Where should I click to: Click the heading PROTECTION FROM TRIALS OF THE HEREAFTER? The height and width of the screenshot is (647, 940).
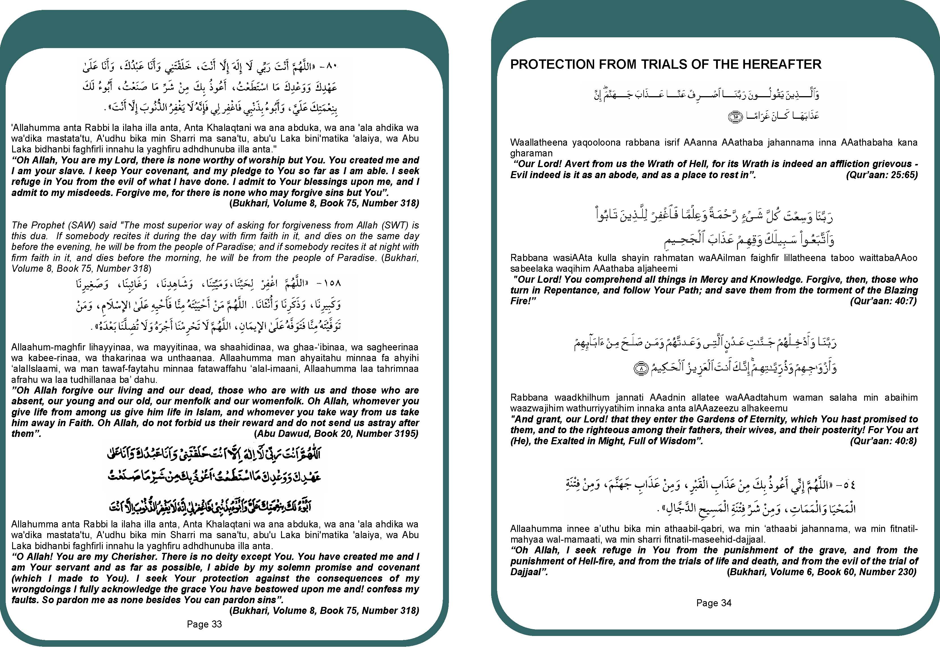coord(665,64)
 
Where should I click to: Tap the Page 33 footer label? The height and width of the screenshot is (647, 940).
coord(204,624)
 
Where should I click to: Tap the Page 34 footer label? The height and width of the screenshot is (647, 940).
coord(714,603)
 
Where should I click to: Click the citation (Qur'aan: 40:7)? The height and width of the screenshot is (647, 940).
coord(883,301)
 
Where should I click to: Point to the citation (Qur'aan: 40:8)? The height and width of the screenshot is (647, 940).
coord(883,441)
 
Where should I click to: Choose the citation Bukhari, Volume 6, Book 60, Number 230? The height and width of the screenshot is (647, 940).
coord(821,572)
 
